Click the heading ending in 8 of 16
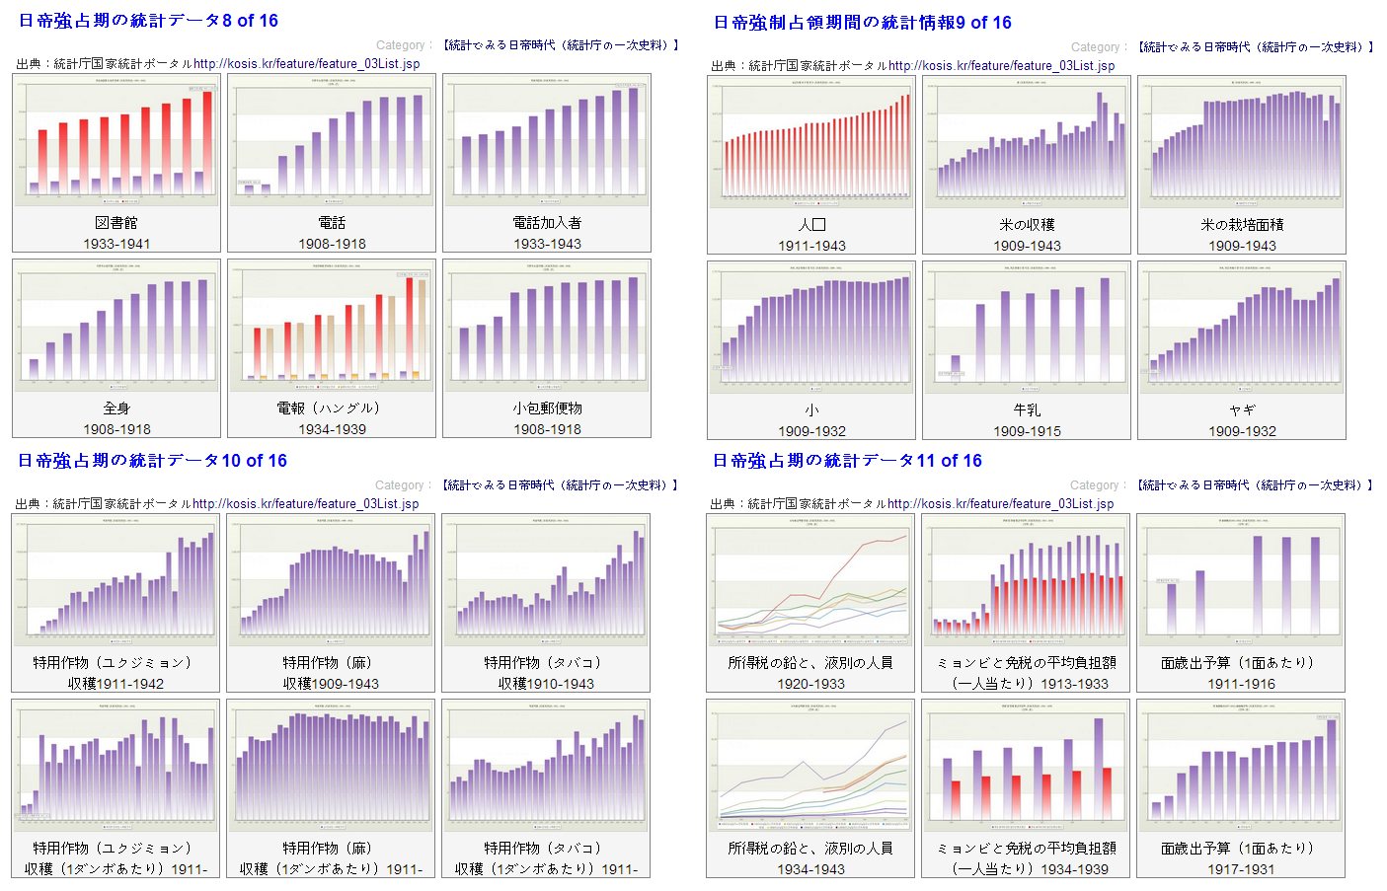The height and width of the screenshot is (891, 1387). (148, 21)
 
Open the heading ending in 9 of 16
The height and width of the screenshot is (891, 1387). (862, 23)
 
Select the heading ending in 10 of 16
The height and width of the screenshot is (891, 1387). (152, 461)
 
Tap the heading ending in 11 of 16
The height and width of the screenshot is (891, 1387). (847, 461)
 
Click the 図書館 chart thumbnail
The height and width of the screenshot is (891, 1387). (116, 141)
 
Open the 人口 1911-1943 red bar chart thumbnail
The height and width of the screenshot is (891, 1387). (811, 143)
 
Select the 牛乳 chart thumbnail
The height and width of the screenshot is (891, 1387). (1027, 328)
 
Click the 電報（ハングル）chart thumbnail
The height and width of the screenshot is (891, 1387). (332, 327)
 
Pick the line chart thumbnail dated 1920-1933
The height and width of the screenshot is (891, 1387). (810, 581)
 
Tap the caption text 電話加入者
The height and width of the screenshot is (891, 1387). (547, 223)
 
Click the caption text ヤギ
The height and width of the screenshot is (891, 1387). (1242, 409)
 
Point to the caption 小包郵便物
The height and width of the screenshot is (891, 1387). (547, 408)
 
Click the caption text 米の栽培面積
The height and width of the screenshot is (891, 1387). (1242, 225)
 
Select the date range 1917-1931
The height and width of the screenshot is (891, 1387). (1241, 869)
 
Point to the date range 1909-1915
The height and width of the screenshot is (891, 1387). (1027, 431)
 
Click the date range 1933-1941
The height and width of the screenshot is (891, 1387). (116, 244)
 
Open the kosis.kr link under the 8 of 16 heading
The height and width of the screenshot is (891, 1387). (306, 64)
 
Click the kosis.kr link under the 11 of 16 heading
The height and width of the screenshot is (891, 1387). (1000, 504)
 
